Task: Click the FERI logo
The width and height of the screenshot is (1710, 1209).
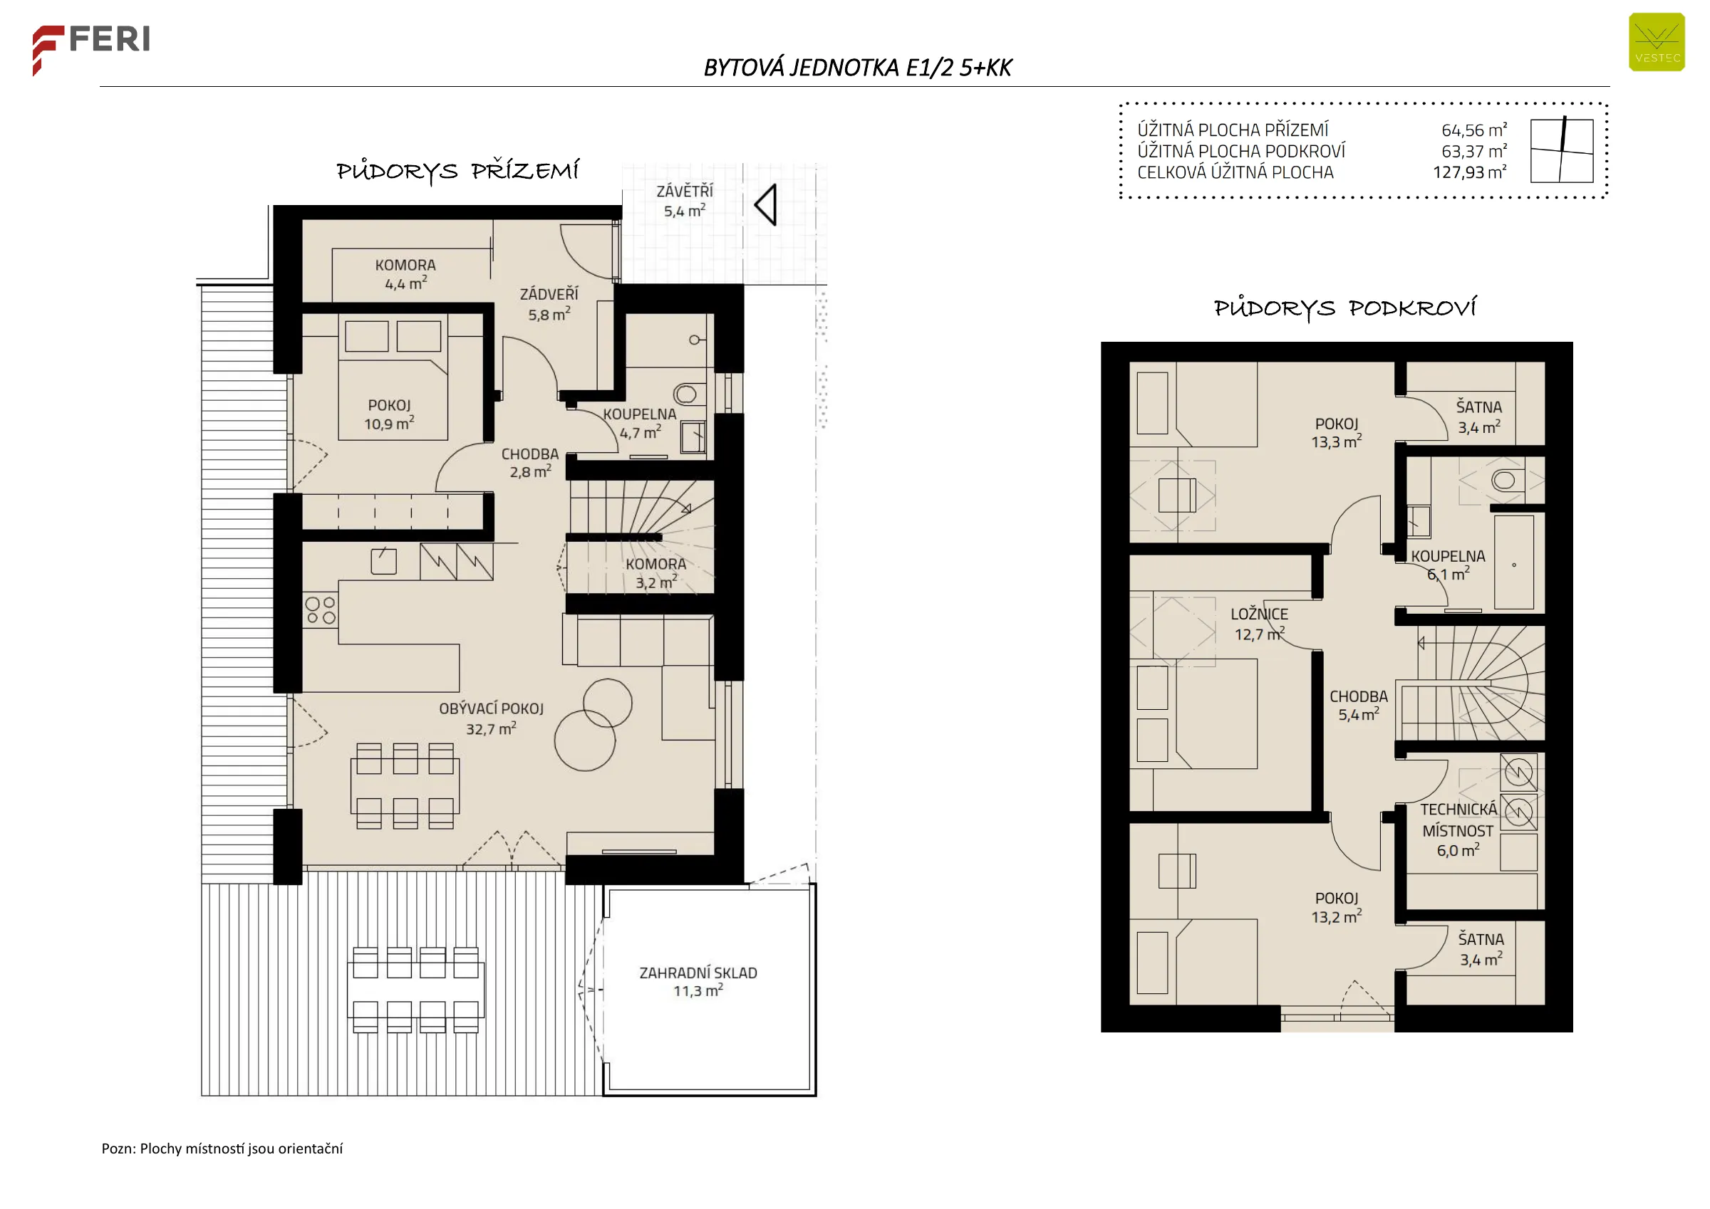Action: (x=91, y=49)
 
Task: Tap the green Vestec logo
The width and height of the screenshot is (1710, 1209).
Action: (x=1657, y=43)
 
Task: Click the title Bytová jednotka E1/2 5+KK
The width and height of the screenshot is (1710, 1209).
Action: (x=857, y=68)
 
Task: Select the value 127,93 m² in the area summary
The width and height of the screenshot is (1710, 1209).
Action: (x=1469, y=172)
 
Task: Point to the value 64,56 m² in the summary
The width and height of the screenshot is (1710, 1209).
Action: (x=1474, y=130)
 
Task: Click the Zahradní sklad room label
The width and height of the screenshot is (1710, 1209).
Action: (x=698, y=981)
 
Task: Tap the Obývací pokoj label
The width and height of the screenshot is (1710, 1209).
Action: (x=491, y=718)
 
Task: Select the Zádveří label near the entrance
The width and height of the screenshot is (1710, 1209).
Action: (x=549, y=304)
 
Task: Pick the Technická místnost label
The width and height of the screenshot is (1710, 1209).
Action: (x=1458, y=829)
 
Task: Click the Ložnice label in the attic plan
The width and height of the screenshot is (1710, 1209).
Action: (x=1259, y=624)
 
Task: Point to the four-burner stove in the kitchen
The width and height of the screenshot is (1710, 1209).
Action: (x=320, y=610)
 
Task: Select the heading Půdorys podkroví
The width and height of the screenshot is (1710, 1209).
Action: (x=1345, y=308)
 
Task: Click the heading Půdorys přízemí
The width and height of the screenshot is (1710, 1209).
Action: (x=457, y=171)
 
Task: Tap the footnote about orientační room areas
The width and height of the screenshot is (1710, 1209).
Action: (x=222, y=1148)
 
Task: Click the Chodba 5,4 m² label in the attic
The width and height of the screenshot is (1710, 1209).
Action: (x=1359, y=706)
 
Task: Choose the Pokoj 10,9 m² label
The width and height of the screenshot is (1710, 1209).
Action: (x=389, y=414)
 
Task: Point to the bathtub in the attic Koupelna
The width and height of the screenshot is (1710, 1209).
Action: (x=1514, y=562)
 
